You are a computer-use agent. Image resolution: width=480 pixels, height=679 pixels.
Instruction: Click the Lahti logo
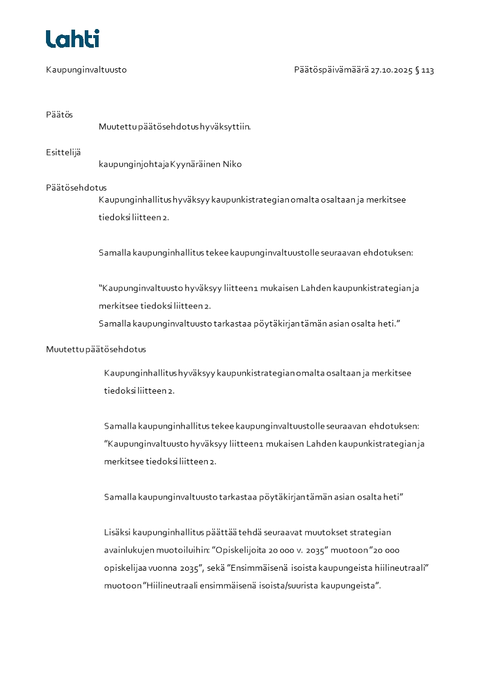tap(72, 39)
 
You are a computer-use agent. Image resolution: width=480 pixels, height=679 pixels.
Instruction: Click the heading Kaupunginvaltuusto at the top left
tap(86, 70)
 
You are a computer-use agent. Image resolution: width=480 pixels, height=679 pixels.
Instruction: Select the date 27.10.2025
tap(391, 70)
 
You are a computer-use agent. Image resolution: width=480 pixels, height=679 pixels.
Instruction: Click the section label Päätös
tap(59, 115)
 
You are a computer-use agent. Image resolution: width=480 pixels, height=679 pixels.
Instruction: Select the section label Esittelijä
tap(63, 152)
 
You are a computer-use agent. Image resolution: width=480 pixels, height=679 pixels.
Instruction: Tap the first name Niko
tap(232, 164)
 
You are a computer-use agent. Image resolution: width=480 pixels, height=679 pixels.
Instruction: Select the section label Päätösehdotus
tap(76, 188)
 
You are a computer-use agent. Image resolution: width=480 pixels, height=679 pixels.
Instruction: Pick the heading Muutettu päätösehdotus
tap(96, 349)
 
